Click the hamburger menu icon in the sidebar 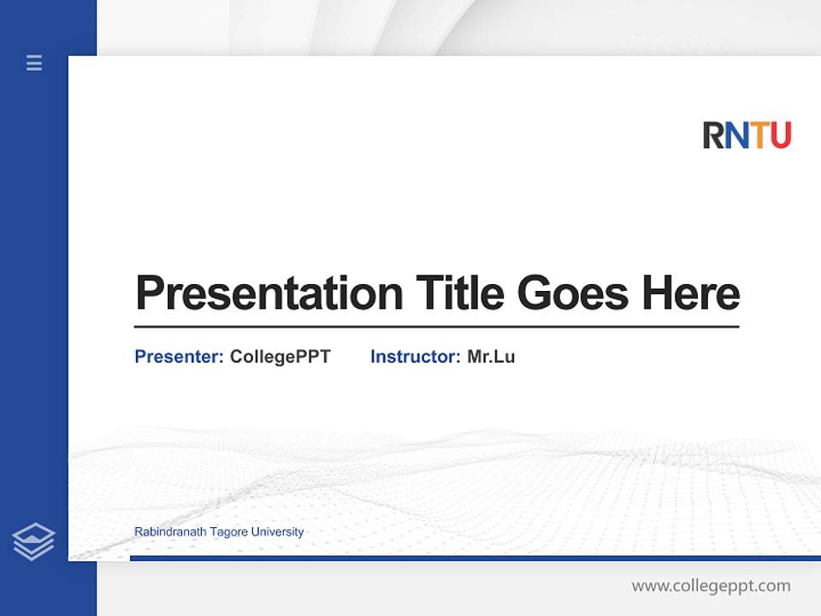[x=34, y=62]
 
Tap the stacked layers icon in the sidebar [x=33, y=542]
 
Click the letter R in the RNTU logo [x=713, y=135]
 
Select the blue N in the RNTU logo [x=736, y=135]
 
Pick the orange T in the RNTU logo [x=758, y=135]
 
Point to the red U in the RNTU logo [x=780, y=135]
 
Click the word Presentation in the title [x=269, y=293]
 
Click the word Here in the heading [x=691, y=293]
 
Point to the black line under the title [x=436, y=327]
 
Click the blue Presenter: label [x=179, y=357]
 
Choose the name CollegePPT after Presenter [x=280, y=357]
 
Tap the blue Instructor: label [x=415, y=357]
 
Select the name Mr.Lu [x=491, y=357]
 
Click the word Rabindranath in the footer [x=170, y=532]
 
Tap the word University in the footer [x=277, y=532]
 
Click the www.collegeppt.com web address [x=711, y=586]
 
